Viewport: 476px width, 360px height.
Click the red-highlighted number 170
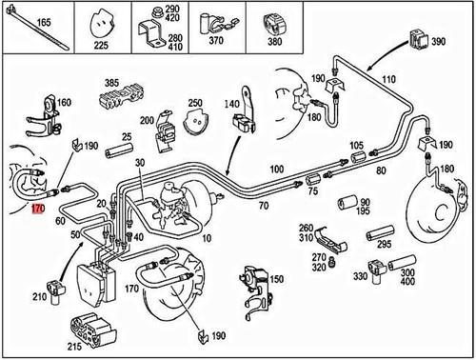click(x=37, y=206)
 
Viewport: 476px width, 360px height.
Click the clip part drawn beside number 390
click(x=417, y=40)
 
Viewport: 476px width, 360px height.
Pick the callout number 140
click(x=232, y=103)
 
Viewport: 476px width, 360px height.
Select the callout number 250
click(x=196, y=102)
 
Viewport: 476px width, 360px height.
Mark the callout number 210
click(x=37, y=297)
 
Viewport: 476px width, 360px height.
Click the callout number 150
click(x=276, y=279)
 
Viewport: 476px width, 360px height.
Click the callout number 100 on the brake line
click(x=276, y=169)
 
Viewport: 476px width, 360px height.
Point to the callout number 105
click(x=357, y=146)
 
